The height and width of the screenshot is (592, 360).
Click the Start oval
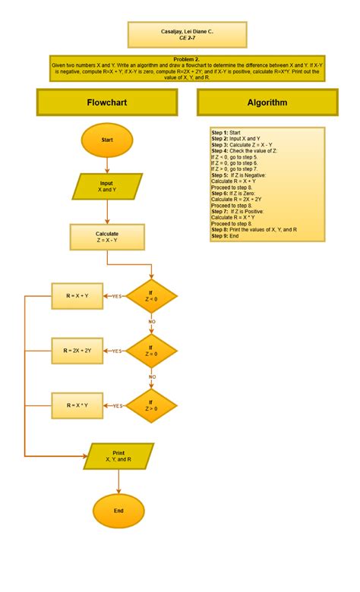tap(107, 140)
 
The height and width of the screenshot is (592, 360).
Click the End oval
tap(118, 511)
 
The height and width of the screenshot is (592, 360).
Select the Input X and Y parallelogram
tap(107, 187)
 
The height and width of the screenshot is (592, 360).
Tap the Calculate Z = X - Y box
tap(107, 237)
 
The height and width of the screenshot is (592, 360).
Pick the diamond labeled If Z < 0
tap(150, 296)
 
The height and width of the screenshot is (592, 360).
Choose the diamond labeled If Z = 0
tap(150, 351)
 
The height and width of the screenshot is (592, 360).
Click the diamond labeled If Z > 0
tap(150, 405)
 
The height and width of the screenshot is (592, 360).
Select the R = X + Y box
tap(76, 296)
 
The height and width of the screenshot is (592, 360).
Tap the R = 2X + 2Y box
tap(77, 351)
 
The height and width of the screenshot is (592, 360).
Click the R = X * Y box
tap(76, 405)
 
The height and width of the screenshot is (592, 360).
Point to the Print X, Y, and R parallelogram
tap(118, 456)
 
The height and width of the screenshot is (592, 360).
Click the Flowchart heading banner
tap(107, 102)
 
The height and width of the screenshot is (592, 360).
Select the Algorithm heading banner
tap(267, 102)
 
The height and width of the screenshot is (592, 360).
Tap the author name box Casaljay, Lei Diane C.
tap(187, 35)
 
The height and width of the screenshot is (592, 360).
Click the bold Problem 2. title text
tap(187, 59)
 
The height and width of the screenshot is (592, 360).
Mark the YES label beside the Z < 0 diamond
tap(117, 297)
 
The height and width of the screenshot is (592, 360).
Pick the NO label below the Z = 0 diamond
tap(152, 376)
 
